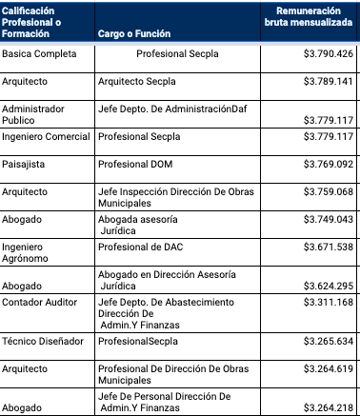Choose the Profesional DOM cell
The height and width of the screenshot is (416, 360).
click(133, 164)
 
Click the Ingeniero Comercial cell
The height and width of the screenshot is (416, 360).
click(46, 136)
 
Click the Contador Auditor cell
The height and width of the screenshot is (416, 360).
click(39, 303)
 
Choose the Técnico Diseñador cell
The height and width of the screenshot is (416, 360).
click(43, 340)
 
